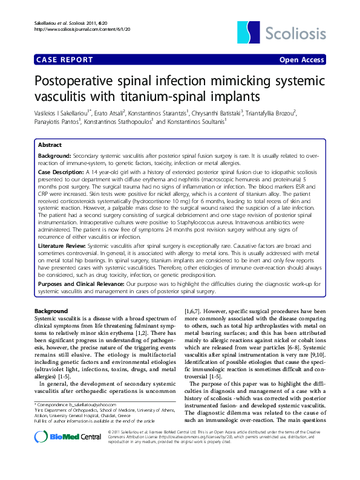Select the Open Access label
302,60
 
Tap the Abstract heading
50,145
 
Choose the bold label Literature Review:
62,247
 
